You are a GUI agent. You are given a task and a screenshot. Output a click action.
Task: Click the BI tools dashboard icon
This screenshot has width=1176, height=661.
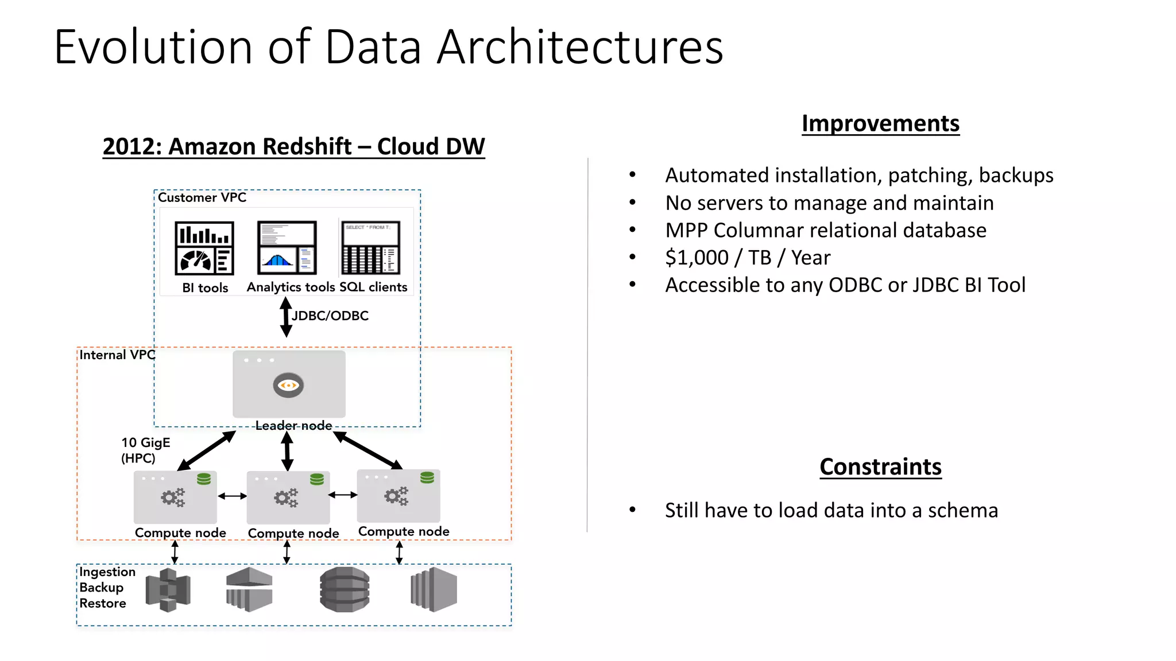click(x=204, y=248)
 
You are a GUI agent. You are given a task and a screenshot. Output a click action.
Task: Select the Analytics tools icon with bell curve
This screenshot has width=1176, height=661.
click(x=287, y=248)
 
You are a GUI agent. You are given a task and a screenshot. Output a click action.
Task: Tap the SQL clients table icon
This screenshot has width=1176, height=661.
click(x=370, y=248)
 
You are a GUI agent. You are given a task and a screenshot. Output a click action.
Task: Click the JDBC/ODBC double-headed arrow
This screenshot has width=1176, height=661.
click(x=285, y=317)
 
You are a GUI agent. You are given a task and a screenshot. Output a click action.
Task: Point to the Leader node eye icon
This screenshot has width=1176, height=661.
click(x=288, y=385)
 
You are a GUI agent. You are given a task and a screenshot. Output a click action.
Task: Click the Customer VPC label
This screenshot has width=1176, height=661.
click(x=202, y=197)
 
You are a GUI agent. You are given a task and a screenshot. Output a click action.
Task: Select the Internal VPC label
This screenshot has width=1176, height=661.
click(x=117, y=355)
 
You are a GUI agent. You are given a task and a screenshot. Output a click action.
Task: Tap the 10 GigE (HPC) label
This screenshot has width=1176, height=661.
click(x=145, y=450)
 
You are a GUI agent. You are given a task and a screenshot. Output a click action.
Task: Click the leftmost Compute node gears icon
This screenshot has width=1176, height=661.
click(x=173, y=497)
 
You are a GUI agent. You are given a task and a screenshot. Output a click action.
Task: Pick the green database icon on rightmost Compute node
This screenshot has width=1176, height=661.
click(x=427, y=478)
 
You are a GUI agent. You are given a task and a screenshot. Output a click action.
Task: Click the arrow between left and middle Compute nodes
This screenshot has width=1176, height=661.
click(x=232, y=496)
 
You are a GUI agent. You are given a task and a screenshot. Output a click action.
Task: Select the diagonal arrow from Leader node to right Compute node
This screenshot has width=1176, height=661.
click(x=368, y=450)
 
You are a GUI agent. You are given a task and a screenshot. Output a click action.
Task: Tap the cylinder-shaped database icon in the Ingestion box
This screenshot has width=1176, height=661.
click(x=345, y=589)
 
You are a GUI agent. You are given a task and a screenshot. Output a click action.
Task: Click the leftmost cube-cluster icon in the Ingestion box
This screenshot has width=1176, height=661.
click(x=168, y=590)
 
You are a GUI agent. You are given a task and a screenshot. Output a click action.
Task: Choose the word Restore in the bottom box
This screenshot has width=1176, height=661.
click(x=103, y=603)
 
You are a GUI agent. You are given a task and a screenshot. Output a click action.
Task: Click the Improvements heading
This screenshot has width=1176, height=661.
click(x=880, y=123)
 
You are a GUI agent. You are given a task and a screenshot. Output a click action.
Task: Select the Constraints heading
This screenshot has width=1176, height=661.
click(x=880, y=466)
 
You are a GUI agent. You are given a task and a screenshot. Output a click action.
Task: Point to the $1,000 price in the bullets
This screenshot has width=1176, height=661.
click(x=697, y=258)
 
